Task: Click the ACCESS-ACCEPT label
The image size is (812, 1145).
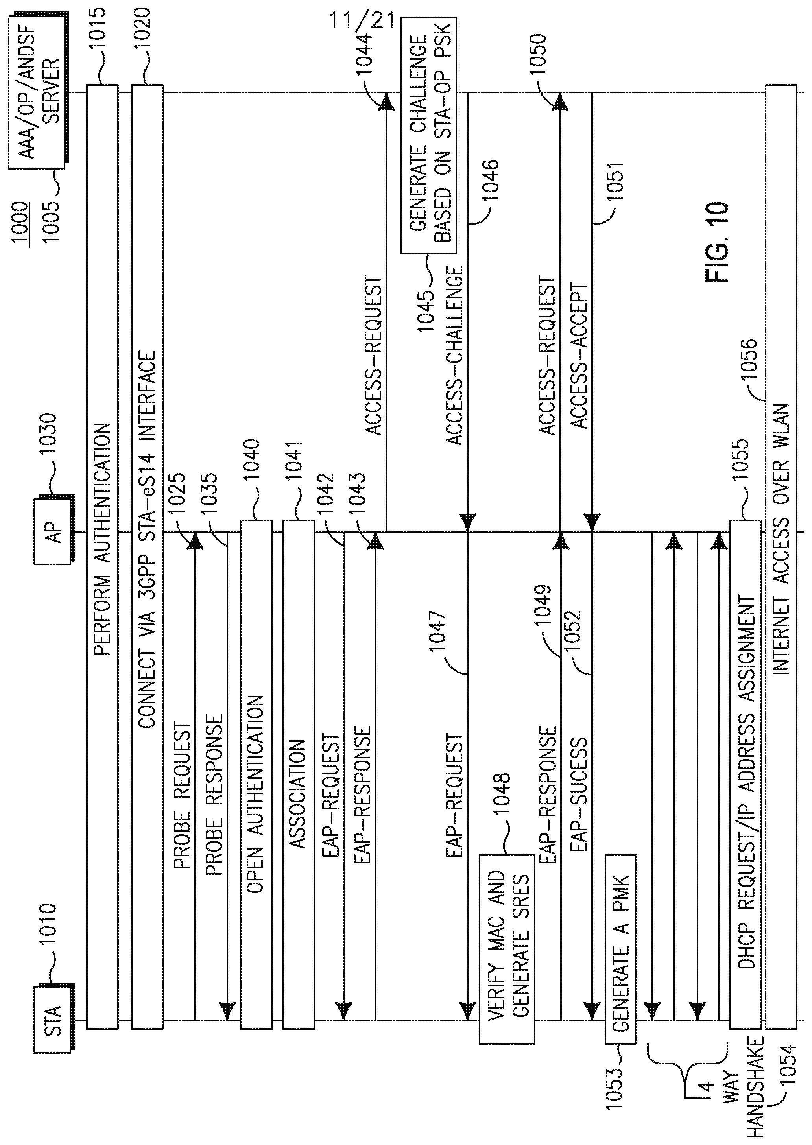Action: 578,356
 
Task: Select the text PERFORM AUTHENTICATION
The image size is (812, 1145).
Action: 102,539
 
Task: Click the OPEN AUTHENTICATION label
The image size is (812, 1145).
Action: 255,794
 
